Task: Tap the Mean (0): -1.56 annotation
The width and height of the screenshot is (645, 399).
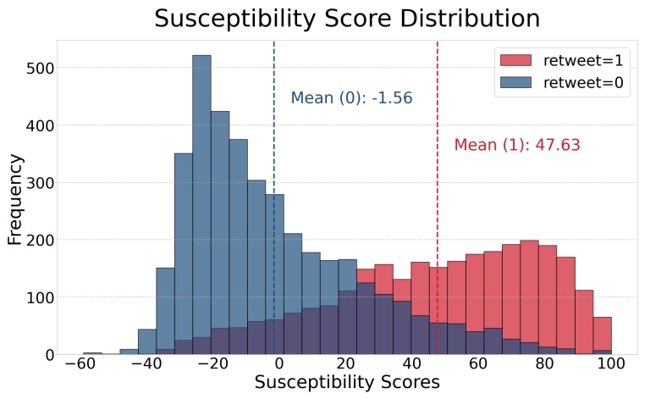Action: coord(351,98)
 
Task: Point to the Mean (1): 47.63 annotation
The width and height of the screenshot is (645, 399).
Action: coord(517,145)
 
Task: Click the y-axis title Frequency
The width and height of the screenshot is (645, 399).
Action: coord(15,197)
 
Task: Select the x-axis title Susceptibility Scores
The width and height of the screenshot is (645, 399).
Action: coord(347,382)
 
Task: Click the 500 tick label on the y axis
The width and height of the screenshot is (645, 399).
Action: coord(36,68)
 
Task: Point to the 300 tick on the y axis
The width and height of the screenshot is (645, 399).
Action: coord(36,182)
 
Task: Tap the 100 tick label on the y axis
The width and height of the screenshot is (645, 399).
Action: coord(36,297)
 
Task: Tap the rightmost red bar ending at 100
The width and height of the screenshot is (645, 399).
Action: coord(602,335)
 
